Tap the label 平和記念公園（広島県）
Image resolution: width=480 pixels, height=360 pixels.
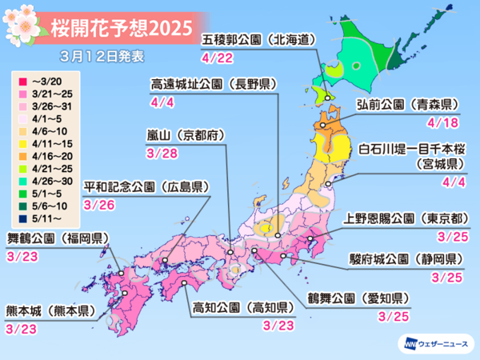[154, 186]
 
